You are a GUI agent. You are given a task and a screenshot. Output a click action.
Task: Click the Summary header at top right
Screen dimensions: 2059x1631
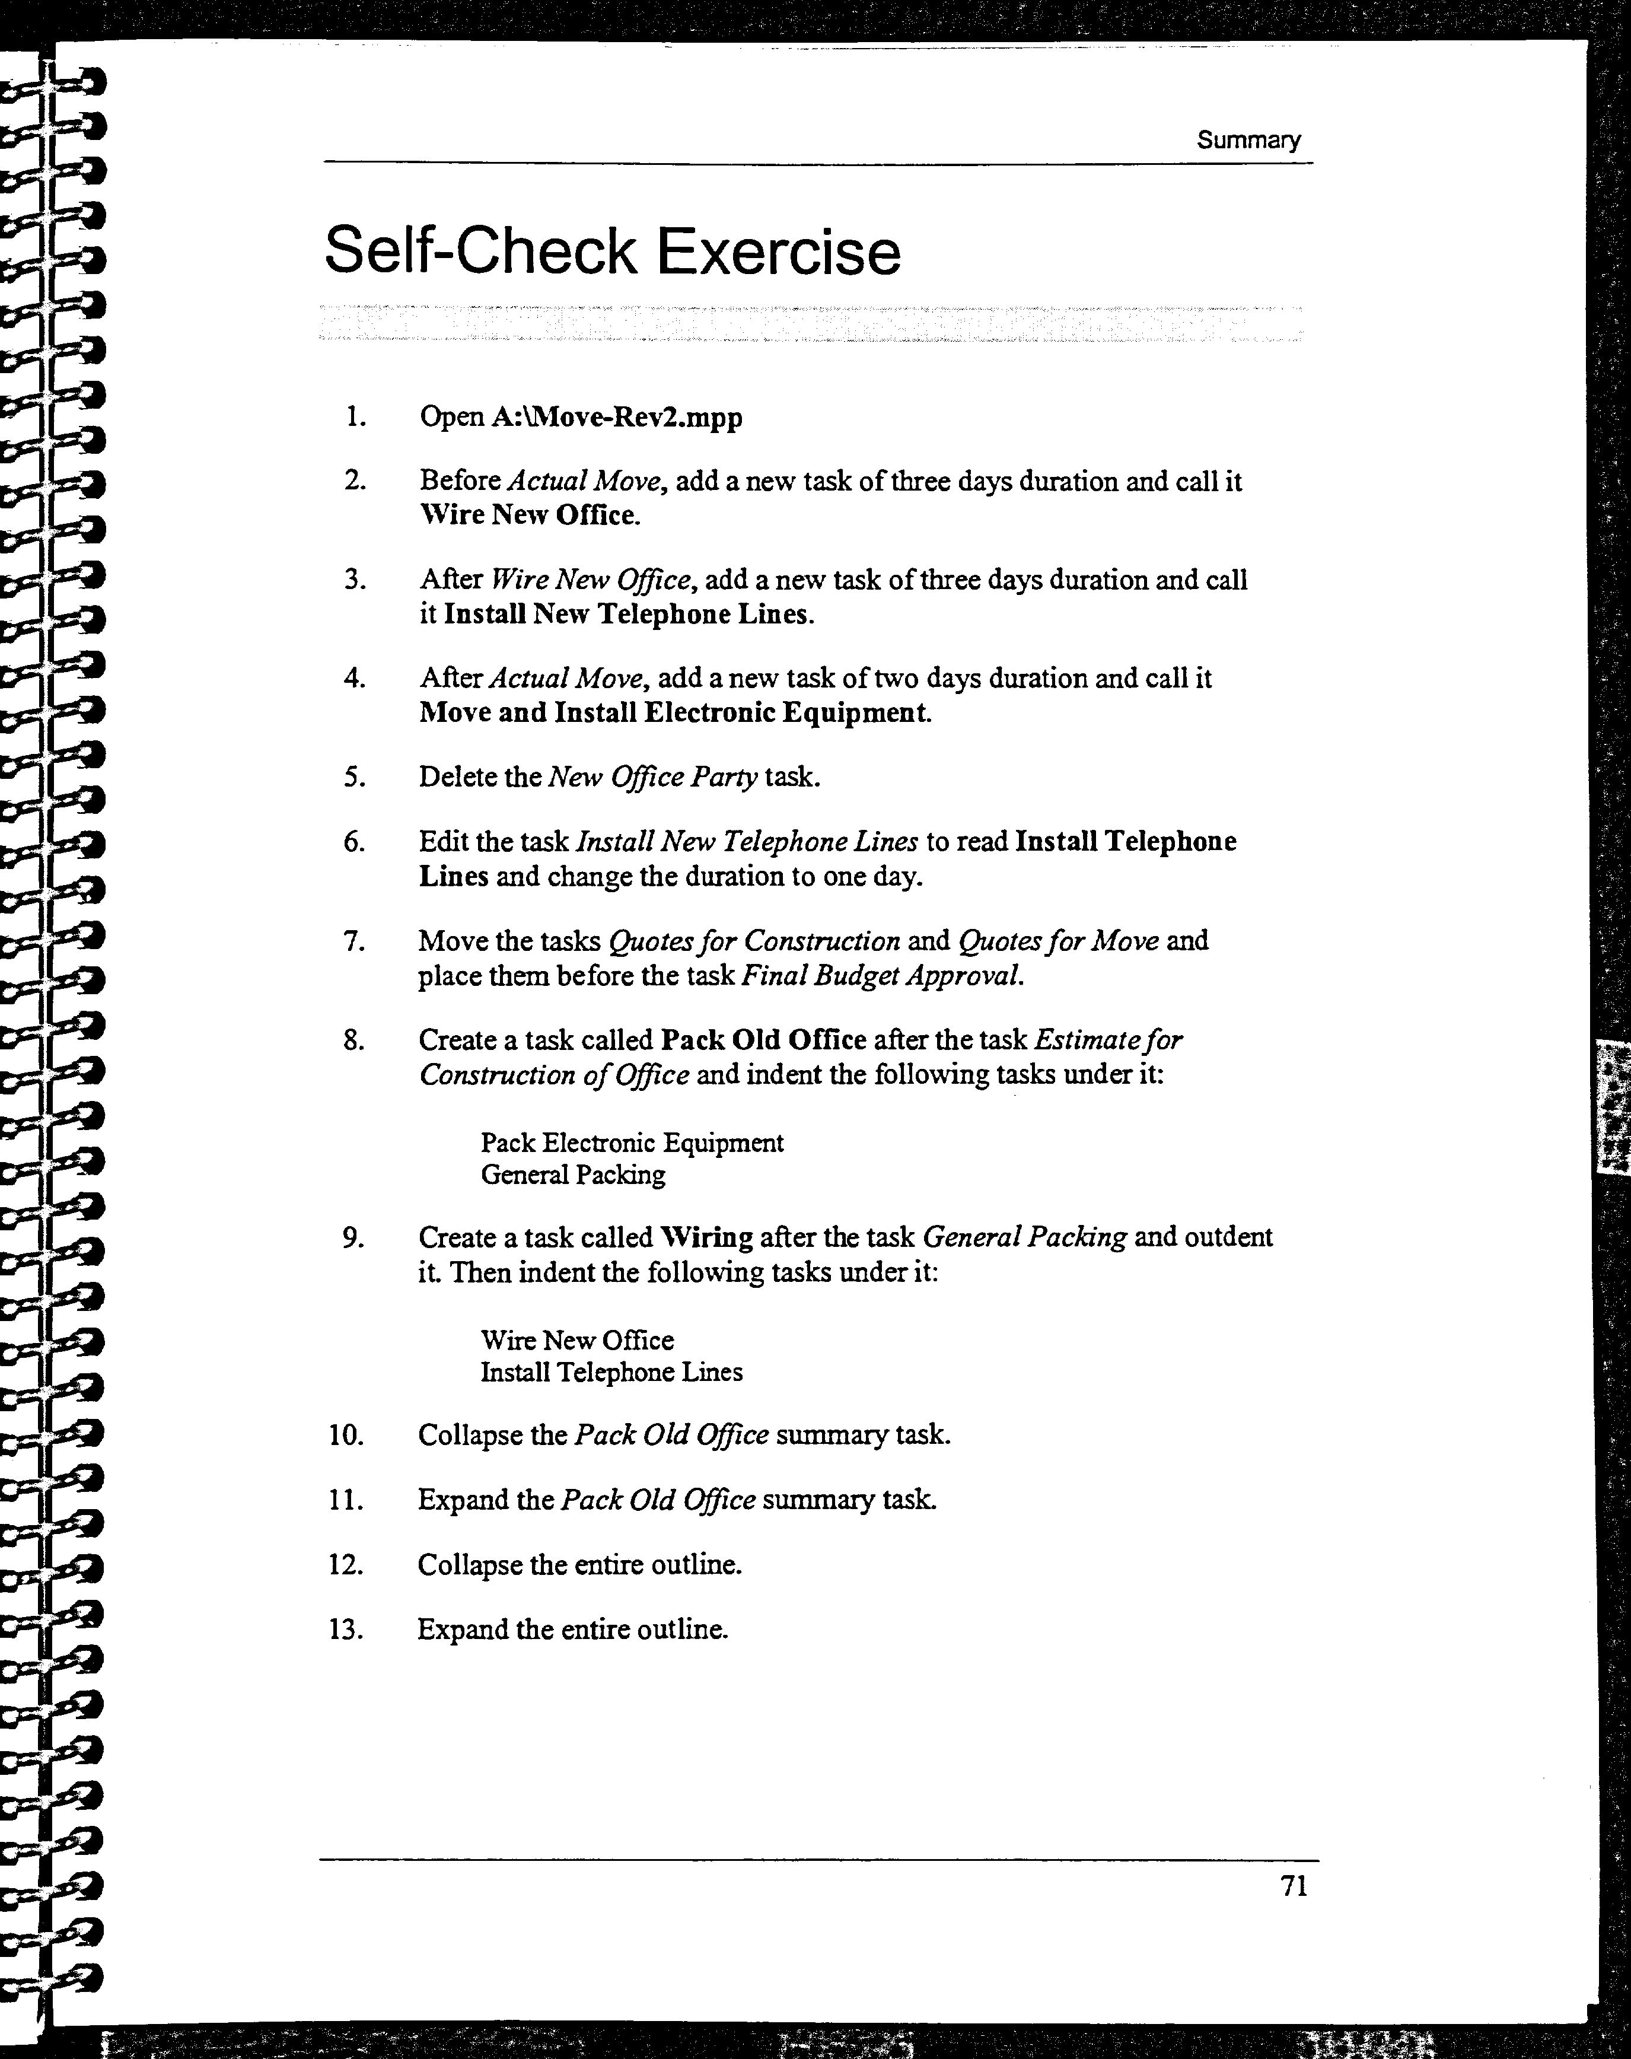tap(1248, 141)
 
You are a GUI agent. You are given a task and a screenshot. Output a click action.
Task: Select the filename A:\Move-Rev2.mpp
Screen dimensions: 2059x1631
tap(616, 418)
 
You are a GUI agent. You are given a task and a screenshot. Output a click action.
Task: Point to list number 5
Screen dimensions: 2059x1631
tap(354, 777)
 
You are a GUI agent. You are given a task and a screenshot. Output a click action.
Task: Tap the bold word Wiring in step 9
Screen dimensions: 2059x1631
tap(706, 1237)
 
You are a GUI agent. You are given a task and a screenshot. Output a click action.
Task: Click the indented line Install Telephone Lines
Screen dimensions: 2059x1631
tap(611, 1372)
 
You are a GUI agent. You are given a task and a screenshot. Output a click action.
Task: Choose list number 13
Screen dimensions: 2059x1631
tap(346, 1630)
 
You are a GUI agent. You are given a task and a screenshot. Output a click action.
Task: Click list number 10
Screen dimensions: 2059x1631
tap(346, 1436)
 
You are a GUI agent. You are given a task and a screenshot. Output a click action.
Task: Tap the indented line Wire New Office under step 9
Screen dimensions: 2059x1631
tap(576, 1341)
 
